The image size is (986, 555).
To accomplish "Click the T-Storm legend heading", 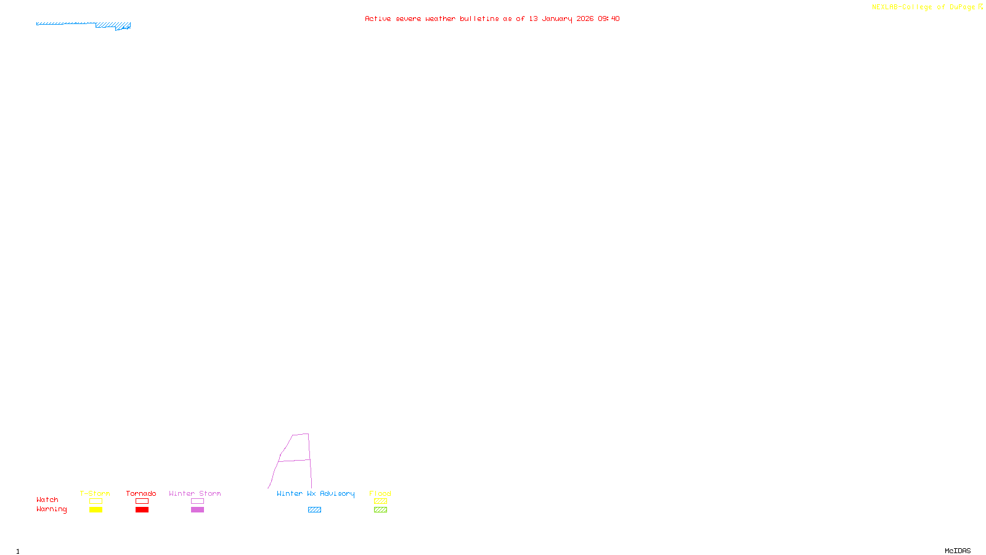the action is point(95,493).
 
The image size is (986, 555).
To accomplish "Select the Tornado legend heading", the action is point(141,493).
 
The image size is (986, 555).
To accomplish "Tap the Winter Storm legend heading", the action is point(195,493).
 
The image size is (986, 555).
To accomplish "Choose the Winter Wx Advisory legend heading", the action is point(316,493).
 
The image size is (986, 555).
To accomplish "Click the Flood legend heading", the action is point(380,493).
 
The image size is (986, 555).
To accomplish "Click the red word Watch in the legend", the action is point(47,499).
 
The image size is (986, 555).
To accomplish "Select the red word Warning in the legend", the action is point(52,509).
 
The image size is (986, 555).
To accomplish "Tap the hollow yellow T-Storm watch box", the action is point(96,501).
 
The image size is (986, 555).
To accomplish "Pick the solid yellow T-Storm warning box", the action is point(96,510).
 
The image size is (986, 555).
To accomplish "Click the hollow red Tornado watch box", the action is point(142,501).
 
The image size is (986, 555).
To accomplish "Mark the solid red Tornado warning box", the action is point(142,510).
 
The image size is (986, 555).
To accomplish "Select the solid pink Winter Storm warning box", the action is point(197,510).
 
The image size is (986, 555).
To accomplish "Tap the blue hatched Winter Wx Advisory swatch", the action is point(314,510).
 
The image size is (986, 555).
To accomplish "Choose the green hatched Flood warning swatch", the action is point(380,510).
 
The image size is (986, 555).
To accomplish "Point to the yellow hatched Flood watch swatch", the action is point(380,501).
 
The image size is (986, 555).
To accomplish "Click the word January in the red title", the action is point(557,18).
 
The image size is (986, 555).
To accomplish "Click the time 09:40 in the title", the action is point(609,18).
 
